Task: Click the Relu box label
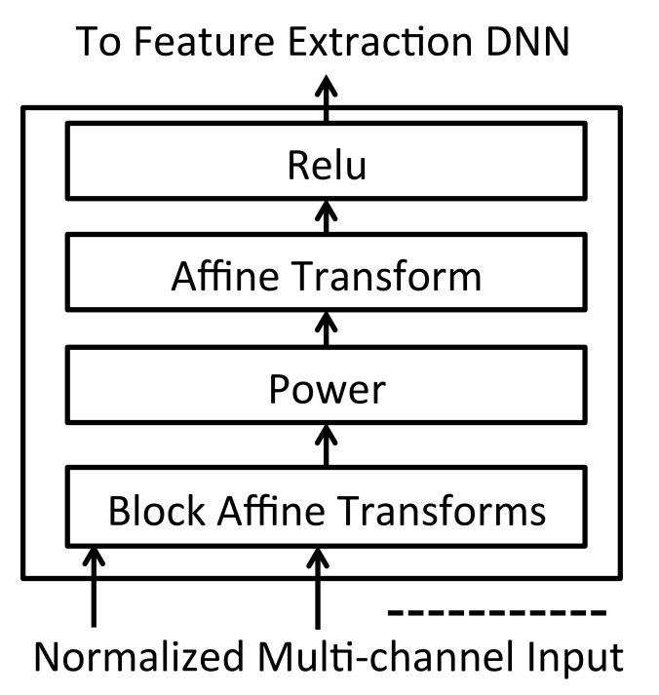click(327, 165)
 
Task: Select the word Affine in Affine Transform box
click(225, 275)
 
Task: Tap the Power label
click(327, 389)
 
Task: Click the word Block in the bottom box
click(156, 510)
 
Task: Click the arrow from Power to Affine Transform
click(327, 328)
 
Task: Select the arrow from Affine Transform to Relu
click(327, 216)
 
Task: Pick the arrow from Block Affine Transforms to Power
click(327, 445)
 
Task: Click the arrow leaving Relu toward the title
click(327, 98)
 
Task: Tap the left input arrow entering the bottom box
click(94, 587)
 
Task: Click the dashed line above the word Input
click(497, 613)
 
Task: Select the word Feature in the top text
click(204, 41)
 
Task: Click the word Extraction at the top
click(381, 41)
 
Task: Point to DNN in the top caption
click(527, 41)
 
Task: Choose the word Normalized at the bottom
click(139, 656)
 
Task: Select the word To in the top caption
click(98, 41)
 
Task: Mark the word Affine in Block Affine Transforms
click(271, 510)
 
